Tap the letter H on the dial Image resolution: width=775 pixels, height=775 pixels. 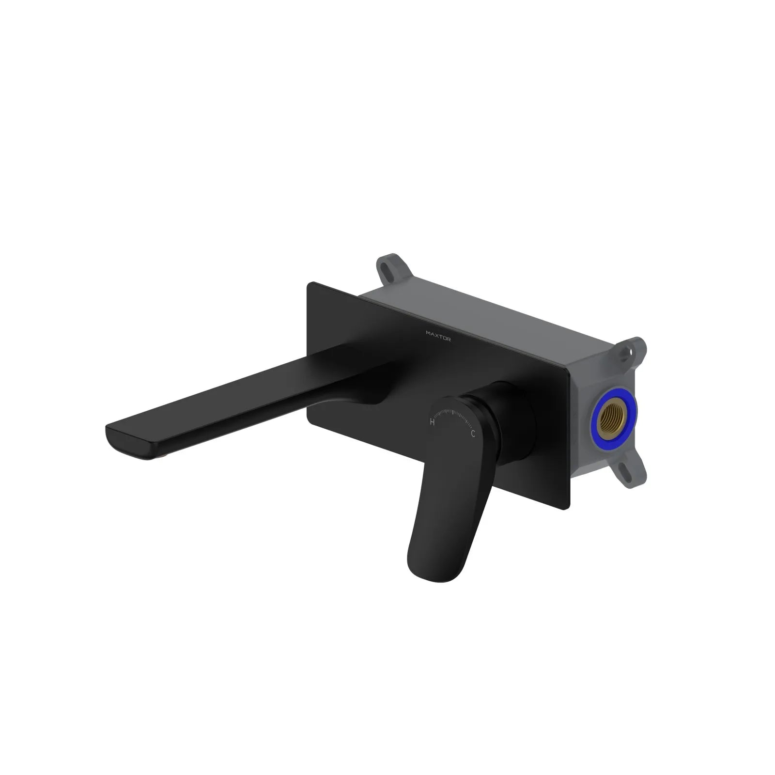tap(432, 422)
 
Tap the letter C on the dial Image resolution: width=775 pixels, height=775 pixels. tap(473, 434)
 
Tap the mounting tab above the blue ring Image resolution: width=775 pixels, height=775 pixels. tap(635, 350)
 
